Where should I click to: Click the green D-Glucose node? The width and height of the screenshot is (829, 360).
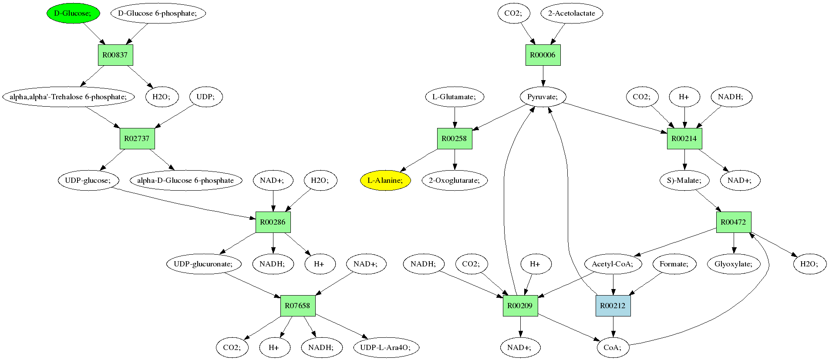(73, 13)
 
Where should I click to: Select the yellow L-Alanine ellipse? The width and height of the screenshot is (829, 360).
(385, 180)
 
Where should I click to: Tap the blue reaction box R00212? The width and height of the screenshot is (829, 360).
(613, 306)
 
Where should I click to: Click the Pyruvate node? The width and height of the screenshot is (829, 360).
(543, 97)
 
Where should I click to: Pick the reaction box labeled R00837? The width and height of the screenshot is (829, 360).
(115, 55)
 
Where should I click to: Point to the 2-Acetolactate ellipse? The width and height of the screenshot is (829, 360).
(571, 13)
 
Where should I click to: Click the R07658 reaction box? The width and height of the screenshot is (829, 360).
(298, 306)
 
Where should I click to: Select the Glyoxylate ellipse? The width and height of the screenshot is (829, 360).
(734, 264)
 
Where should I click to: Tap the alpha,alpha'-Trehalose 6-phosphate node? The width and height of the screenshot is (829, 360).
(68, 97)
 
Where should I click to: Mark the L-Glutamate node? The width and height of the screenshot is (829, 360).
(455, 97)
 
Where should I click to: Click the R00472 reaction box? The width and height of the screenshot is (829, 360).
(734, 222)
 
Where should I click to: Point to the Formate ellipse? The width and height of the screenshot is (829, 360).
(674, 264)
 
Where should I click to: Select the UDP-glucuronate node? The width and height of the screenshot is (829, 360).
(203, 264)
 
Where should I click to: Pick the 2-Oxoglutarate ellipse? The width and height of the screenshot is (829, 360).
(455, 180)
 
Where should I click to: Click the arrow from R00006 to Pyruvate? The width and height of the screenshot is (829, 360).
(543, 76)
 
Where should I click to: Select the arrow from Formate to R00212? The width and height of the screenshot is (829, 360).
(645, 284)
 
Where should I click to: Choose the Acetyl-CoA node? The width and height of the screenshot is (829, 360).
(613, 264)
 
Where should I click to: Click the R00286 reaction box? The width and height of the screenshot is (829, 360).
(273, 222)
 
